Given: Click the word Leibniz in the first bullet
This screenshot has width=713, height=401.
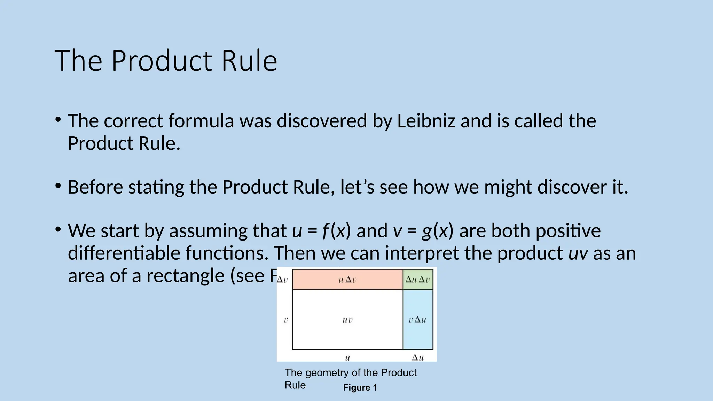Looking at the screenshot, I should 426,121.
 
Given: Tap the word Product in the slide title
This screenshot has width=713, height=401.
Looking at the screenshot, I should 162,61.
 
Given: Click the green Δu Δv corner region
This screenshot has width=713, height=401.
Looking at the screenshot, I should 418,280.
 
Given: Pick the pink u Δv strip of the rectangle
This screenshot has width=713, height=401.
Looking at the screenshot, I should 347,280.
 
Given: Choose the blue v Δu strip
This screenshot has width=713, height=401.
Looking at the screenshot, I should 418,320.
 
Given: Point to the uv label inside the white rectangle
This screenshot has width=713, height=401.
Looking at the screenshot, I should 347,320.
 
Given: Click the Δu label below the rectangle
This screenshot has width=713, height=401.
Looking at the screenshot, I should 418,357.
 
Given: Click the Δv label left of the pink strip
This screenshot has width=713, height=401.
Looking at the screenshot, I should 282,280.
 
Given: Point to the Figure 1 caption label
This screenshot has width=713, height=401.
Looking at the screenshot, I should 360,388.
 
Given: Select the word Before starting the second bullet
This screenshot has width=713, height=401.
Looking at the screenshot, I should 95,187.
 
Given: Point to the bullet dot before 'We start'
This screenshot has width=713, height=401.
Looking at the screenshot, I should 58,229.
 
